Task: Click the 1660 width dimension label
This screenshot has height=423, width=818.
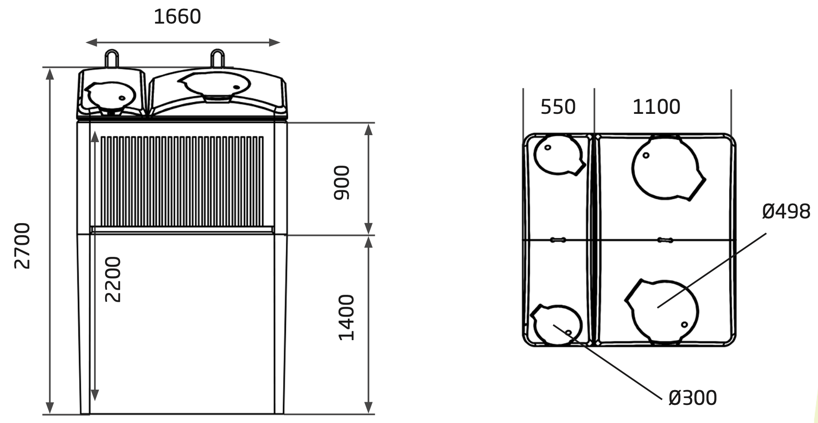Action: pyautogui.click(x=177, y=17)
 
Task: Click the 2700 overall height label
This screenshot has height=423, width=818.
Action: pyautogui.click(x=22, y=246)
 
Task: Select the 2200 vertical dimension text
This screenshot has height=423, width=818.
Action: pyautogui.click(x=113, y=279)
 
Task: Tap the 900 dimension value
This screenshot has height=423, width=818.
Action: pyautogui.click(x=342, y=182)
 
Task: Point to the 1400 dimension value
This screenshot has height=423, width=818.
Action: pyautogui.click(x=346, y=317)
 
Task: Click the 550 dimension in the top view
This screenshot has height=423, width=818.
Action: pyautogui.click(x=558, y=107)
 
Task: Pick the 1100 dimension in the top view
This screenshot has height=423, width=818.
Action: pyautogui.click(x=656, y=107)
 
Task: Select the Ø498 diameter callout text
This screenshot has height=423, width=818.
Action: pyautogui.click(x=786, y=211)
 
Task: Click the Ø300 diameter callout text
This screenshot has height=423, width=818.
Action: pyautogui.click(x=692, y=398)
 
